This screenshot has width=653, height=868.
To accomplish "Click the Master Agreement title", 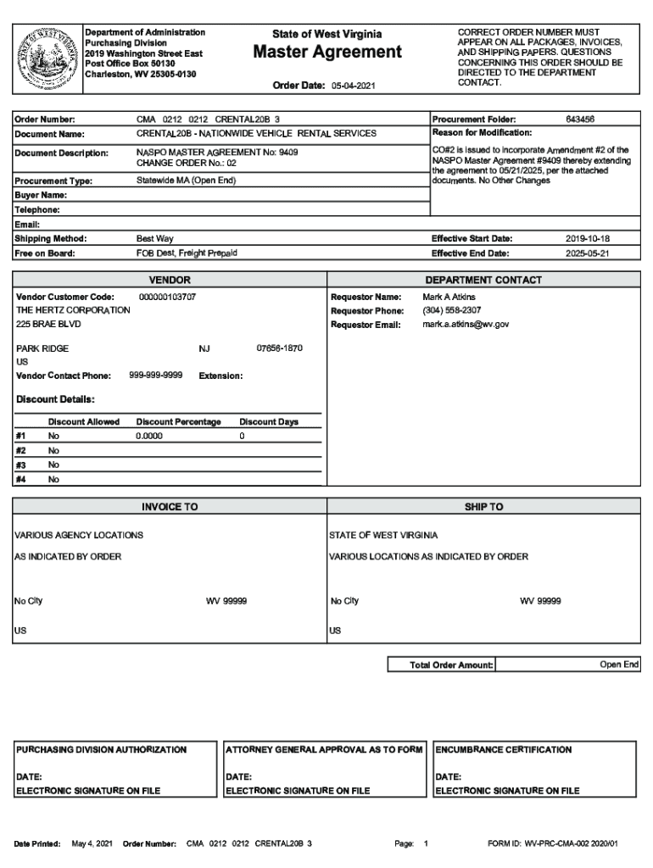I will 327,53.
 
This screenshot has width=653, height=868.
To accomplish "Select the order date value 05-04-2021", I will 353,86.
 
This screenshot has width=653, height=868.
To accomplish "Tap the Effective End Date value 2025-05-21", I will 588,253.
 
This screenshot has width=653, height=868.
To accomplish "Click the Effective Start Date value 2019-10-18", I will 588,239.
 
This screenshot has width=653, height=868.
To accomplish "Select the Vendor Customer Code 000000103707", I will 167,298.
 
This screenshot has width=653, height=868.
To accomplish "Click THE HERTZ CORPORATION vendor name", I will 73,310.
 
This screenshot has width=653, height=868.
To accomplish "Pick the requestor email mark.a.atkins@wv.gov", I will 466,325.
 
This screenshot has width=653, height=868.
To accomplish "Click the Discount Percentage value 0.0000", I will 149,436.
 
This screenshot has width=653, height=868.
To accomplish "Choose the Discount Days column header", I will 268,421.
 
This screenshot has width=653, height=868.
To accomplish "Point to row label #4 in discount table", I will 20,479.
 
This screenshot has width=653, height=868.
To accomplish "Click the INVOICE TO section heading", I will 170,507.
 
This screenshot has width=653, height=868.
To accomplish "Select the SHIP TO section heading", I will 483,507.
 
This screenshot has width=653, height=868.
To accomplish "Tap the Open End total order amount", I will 619,665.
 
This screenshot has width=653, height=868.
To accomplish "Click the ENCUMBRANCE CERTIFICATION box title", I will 503,749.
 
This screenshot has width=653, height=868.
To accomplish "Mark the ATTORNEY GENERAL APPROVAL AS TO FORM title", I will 323,749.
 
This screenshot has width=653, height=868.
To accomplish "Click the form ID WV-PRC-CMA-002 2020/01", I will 553,844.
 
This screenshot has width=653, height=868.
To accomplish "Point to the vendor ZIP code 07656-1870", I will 279,348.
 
